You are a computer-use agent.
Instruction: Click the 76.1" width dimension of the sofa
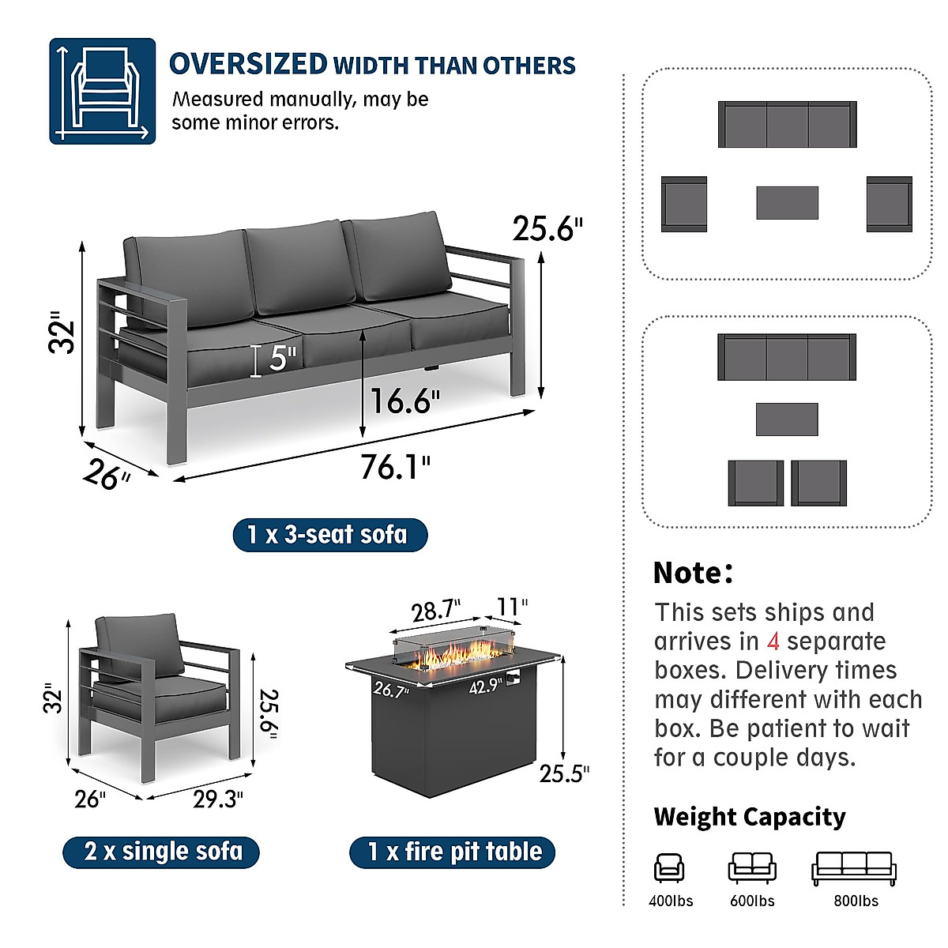pyautogui.click(x=395, y=467)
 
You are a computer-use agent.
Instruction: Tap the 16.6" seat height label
pyautogui.click(x=405, y=401)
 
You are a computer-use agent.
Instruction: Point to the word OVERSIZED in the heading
pyautogui.click(x=248, y=64)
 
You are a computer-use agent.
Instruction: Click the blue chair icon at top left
pyautogui.click(x=103, y=91)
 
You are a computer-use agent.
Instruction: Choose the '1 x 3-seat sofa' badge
pyautogui.click(x=329, y=535)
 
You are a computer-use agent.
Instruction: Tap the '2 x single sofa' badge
pyautogui.click(x=162, y=852)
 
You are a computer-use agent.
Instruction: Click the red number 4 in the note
pyautogui.click(x=773, y=641)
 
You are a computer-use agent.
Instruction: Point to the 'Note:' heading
pyautogui.click(x=693, y=573)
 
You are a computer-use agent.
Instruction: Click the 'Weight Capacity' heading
pyautogui.click(x=749, y=817)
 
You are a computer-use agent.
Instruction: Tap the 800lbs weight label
pyautogui.click(x=856, y=901)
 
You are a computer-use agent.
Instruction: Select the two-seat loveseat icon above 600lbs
pyautogui.click(x=751, y=867)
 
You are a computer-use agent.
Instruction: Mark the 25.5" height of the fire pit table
pyautogui.click(x=564, y=773)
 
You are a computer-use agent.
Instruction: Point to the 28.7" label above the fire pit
pyautogui.click(x=435, y=611)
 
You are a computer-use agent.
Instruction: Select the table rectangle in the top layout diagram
pyautogui.click(x=787, y=203)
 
